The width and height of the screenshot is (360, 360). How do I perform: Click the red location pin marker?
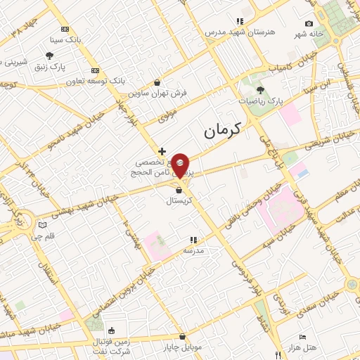point(180,166)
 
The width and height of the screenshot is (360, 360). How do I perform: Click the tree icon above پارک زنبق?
point(49,56)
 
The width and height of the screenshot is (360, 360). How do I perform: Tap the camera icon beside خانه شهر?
point(309,24)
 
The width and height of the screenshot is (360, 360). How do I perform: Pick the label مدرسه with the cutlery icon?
point(193,250)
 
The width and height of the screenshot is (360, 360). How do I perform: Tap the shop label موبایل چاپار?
point(183,347)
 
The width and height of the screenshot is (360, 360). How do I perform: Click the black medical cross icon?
point(162,150)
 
